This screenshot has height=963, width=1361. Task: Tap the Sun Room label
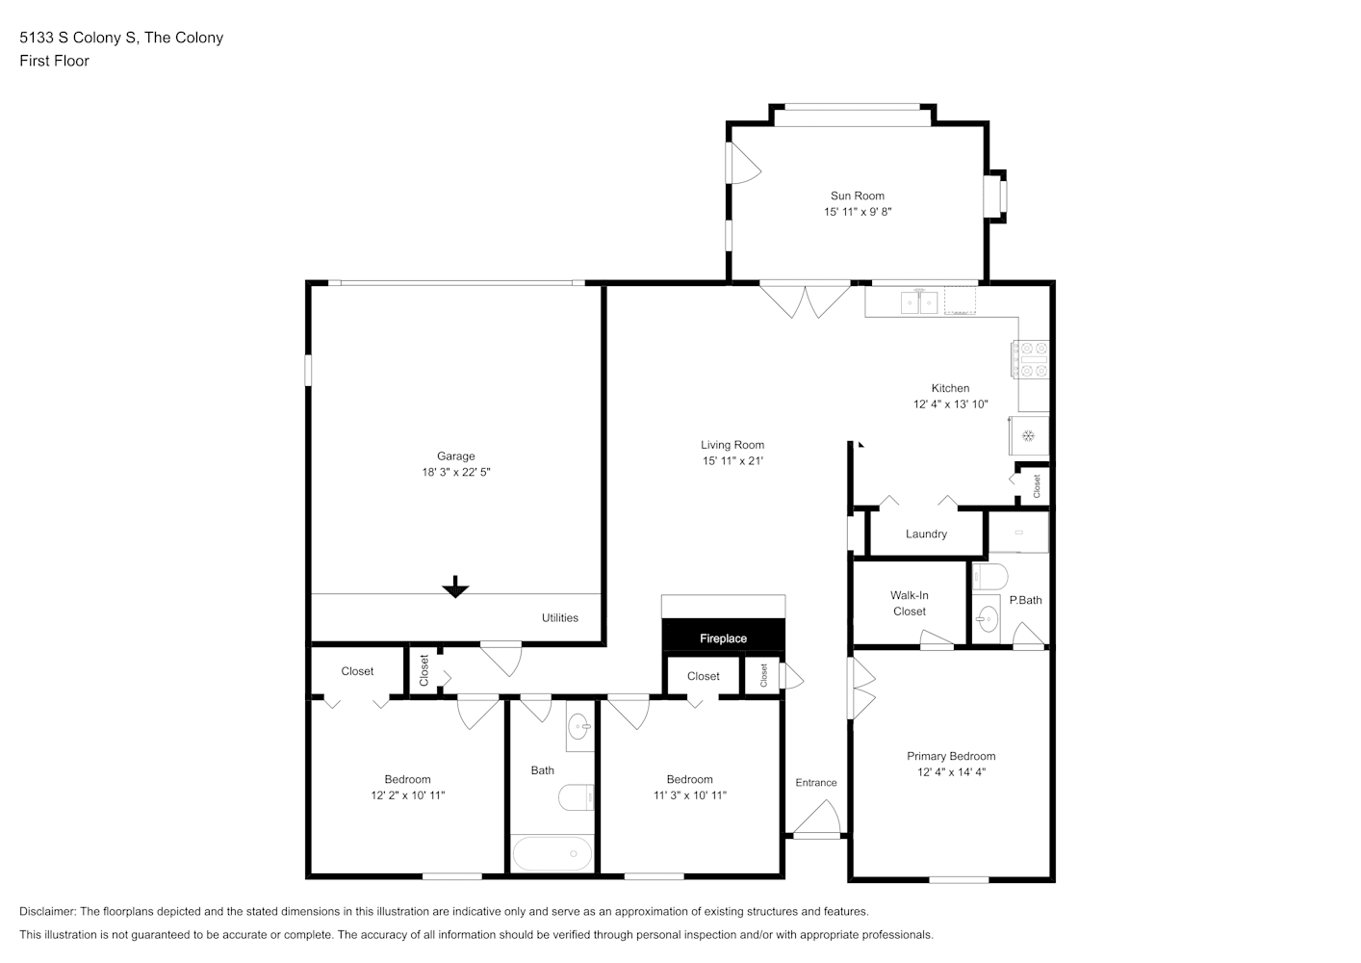click(858, 195)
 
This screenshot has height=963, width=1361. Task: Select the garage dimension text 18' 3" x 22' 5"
click(455, 472)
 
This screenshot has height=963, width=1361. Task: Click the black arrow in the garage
click(455, 586)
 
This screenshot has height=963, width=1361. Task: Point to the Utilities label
click(559, 617)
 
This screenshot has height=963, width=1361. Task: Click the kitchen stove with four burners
click(1030, 358)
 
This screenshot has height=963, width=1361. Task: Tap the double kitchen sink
click(918, 301)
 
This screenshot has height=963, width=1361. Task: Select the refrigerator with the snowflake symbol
click(1029, 435)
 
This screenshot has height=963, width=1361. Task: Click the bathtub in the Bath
click(552, 853)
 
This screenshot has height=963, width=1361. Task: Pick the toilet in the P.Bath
click(989, 576)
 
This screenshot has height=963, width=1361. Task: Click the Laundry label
click(926, 534)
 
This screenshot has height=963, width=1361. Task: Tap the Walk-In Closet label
click(909, 603)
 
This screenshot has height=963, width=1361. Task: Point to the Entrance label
click(816, 782)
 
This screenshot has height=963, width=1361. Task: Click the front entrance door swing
click(818, 817)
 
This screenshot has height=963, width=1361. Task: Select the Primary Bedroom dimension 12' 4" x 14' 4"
click(951, 772)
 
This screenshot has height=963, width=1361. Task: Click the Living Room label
click(732, 445)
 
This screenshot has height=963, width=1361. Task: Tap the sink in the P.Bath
click(987, 619)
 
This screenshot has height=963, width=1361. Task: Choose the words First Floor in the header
click(54, 61)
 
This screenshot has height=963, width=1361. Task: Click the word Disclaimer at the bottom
click(48, 911)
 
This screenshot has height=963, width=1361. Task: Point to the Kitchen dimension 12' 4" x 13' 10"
click(950, 404)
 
